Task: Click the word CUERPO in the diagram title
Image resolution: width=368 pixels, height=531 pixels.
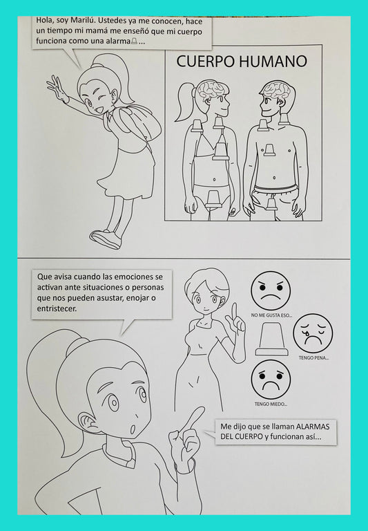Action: tap(204, 61)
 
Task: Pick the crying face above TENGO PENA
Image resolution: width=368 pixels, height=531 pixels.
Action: tap(312, 333)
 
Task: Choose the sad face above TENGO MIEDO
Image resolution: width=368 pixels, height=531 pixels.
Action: tap(271, 379)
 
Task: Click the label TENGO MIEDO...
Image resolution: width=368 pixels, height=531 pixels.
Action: tap(271, 404)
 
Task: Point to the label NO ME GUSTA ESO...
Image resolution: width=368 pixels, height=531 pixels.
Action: tap(272, 316)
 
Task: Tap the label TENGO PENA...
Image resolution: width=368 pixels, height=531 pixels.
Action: tap(313, 358)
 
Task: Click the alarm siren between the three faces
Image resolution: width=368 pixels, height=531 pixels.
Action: tap(271, 342)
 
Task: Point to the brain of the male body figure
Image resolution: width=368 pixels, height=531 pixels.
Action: tap(276, 89)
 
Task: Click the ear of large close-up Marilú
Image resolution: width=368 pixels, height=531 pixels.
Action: tap(88, 422)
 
